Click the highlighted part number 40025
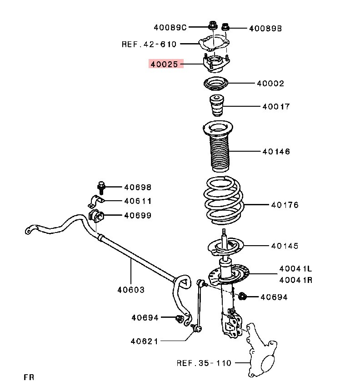[165, 64]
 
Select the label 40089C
[170, 28]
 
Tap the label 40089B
[265, 29]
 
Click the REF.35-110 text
[204, 363]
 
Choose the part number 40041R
[296, 280]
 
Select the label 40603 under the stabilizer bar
[131, 290]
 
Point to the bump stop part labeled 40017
[217, 107]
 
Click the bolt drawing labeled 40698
[101, 187]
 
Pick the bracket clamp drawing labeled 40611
[96, 201]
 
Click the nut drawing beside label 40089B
[225, 29]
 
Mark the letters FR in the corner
[29, 376]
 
